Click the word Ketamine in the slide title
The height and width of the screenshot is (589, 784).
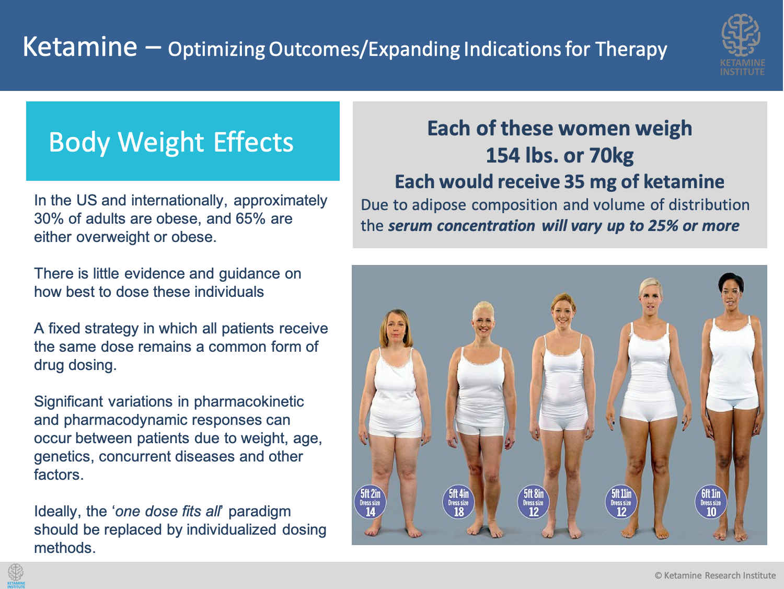click(80, 47)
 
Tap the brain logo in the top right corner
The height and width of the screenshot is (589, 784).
click(741, 35)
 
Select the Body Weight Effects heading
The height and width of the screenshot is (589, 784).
click(171, 142)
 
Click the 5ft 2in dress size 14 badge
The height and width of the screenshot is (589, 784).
click(370, 503)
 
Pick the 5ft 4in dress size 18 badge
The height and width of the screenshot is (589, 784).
click(458, 503)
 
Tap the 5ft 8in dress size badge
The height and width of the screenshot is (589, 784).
click(533, 503)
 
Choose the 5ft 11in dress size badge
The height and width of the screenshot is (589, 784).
click(621, 503)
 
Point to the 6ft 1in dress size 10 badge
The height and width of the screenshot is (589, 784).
click(711, 503)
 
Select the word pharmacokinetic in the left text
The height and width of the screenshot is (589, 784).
click(249, 402)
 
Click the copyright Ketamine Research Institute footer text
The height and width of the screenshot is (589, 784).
click(715, 575)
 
